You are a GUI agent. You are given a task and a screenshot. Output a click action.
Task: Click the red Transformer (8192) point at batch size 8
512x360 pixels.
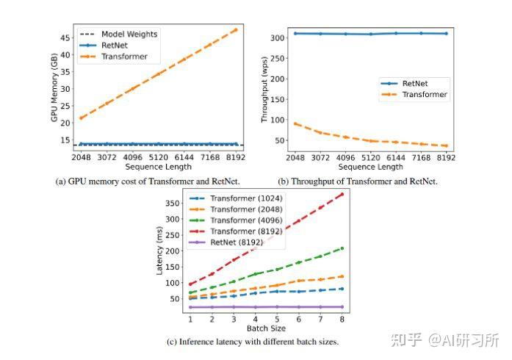pyautogui.click(x=342, y=194)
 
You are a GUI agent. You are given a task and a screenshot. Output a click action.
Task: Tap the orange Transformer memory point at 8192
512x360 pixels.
pyautogui.click(x=236, y=29)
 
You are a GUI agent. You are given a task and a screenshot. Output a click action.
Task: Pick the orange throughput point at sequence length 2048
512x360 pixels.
pyautogui.click(x=295, y=123)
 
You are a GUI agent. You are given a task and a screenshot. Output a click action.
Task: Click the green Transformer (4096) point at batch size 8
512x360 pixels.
pyautogui.click(x=342, y=248)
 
